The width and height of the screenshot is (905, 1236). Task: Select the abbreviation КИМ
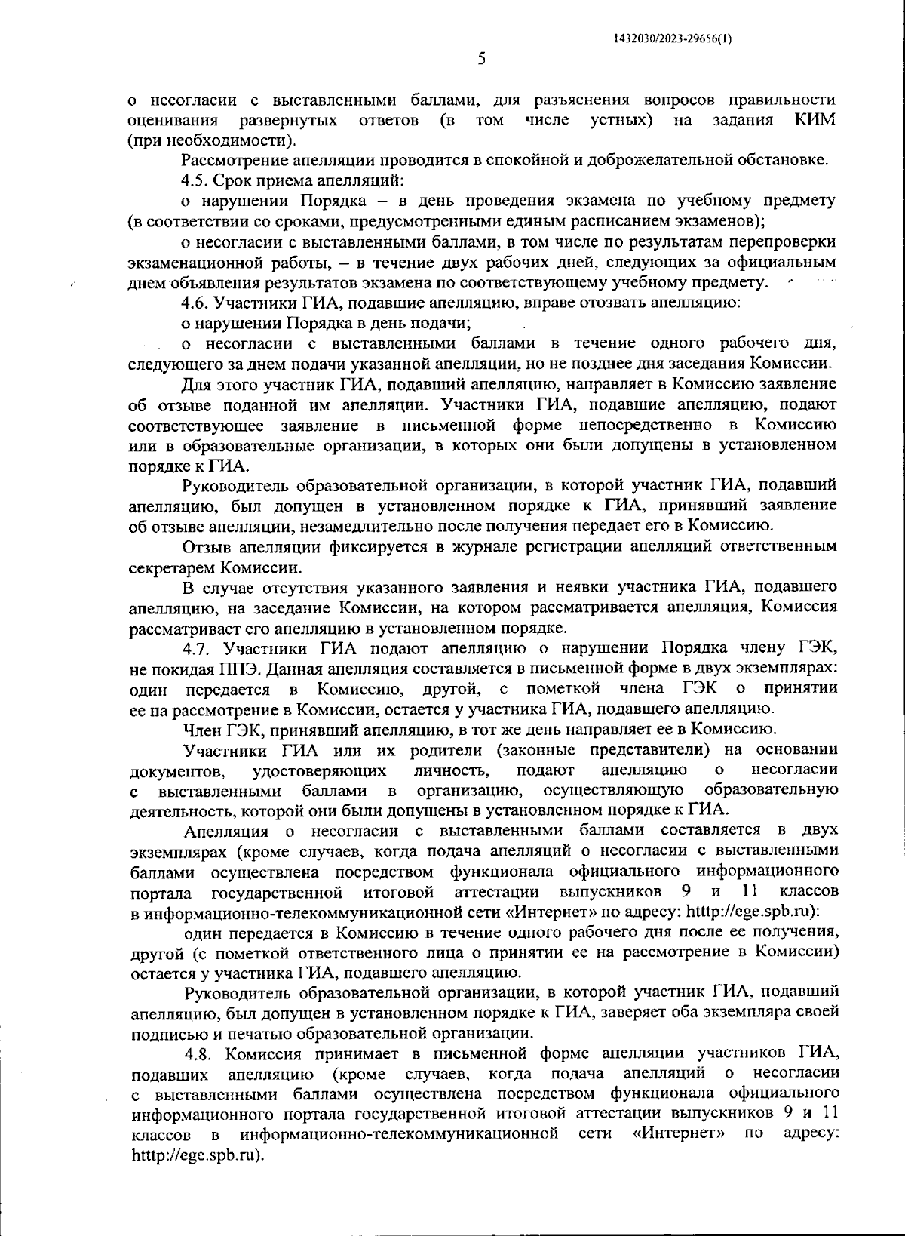pyautogui.click(x=815, y=120)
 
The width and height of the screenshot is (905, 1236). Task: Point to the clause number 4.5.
pyautogui.click(x=197, y=181)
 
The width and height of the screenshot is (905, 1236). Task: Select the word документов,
pyautogui.click(x=178, y=770)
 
